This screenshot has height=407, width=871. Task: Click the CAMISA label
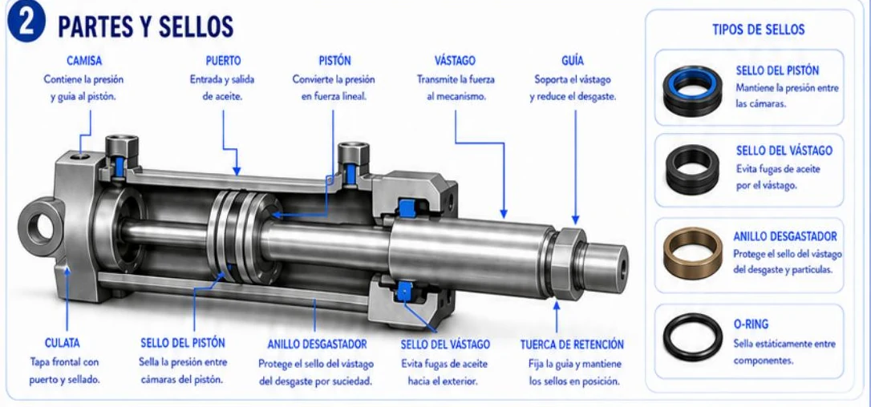(x=84, y=60)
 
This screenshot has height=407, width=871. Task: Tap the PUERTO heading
(x=223, y=60)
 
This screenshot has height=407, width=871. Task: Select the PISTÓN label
(x=335, y=60)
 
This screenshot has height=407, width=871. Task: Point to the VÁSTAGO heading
(x=455, y=60)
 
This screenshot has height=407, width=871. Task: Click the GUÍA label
(x=573, y=60)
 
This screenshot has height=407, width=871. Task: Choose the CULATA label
(x=63, y=344)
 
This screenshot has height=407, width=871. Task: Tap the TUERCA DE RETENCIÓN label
(x=572, y=345)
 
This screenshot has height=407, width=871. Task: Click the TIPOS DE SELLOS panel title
(x=758, y=30)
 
